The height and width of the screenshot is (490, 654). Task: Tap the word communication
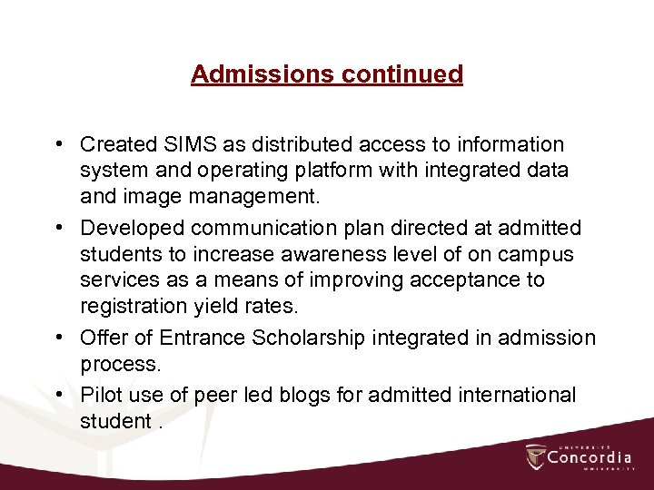click(x=263, y=226)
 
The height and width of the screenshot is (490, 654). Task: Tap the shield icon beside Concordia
click(x=535, y=456)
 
